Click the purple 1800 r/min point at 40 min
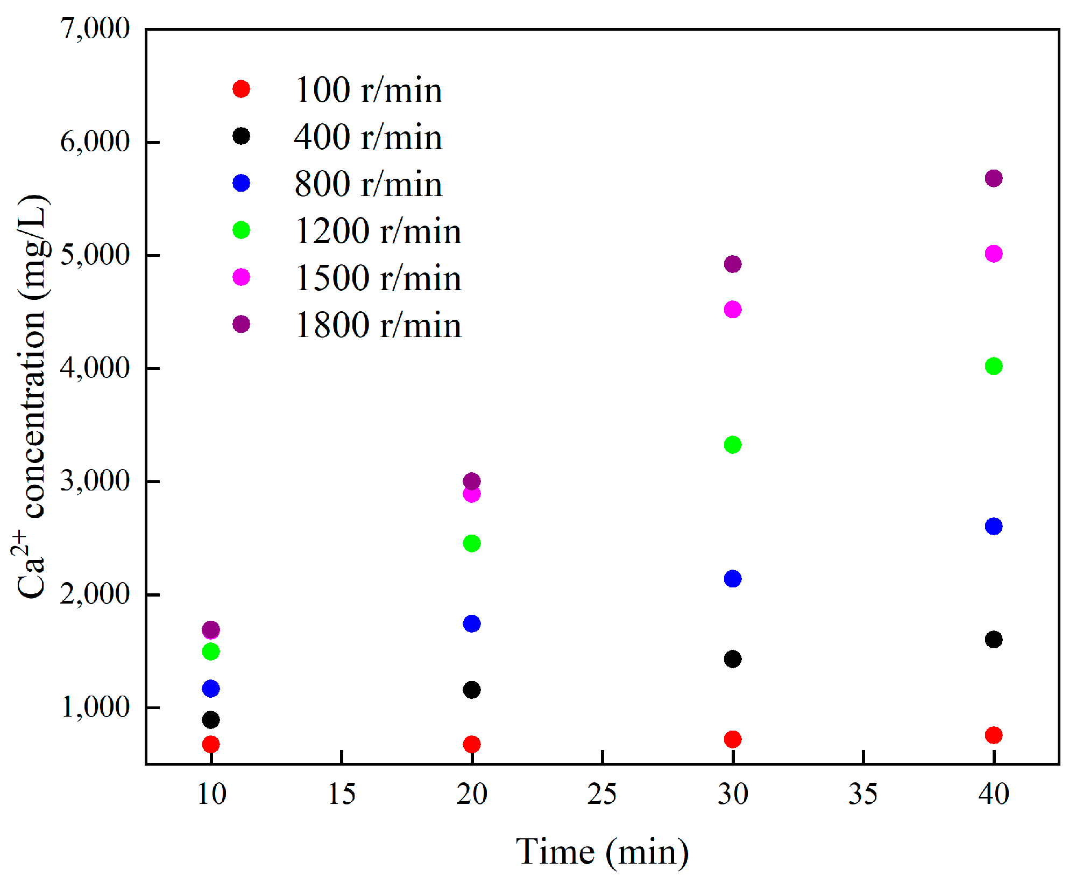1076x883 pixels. point(993,178)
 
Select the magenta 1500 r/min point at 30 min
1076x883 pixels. point(732,310)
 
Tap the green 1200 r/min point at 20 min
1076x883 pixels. point(471,543)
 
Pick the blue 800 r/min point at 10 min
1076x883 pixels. point(210,688)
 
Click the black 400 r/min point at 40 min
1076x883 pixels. point(993,640)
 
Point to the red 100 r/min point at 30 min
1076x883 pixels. point(732,739)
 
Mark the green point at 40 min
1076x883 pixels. point(993,366)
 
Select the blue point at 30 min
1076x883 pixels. point(732,579)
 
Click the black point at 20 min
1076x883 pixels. point(471,690)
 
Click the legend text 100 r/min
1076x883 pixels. point(368,90)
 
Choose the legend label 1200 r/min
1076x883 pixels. point(378,231)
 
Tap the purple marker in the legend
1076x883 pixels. point(241,324)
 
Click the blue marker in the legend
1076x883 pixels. point(241,183)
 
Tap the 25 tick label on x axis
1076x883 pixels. point(601,794)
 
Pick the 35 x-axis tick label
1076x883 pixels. point(862,794)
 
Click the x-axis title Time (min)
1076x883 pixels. point(601,852)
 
